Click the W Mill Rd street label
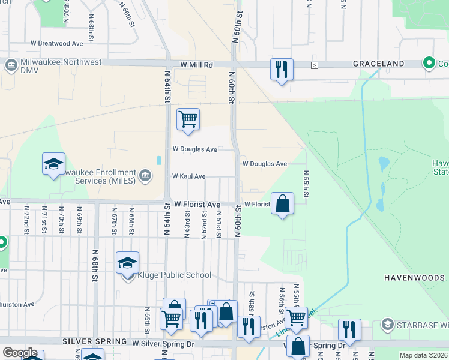tap(196, 64)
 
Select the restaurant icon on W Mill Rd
tap(281, 70)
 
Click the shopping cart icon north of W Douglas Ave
tap(188, 119)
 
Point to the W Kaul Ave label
tap(188, 176)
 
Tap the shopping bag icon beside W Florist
tap(282, 203)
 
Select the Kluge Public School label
tap(175, 275)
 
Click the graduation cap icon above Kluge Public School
tap(127, 262)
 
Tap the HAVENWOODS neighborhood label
tap(414, 278)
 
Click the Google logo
tap(20, 353)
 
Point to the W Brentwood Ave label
tap(56, 44)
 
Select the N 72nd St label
tap(27, 220)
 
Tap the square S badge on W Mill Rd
tap(313, 65)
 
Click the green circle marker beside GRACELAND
tap(429, 62)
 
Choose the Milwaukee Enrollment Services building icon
tap(145, 175)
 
